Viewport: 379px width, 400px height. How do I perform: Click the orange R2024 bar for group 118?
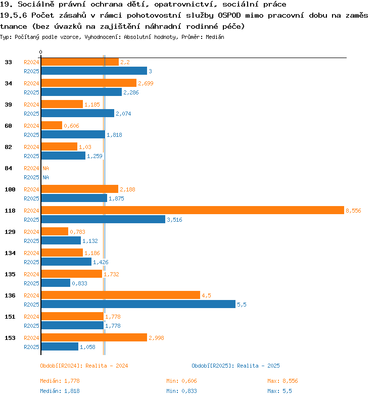(x=192, y=210)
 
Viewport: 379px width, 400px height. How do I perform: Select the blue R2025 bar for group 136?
(x=138, y=304)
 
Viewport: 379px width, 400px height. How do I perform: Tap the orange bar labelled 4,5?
(x=120, y=295)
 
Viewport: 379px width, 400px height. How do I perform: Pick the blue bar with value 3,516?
(x=103, y=219)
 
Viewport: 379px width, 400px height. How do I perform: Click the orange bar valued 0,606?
(x=52, y=125)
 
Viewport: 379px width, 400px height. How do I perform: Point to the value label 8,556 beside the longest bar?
(x=353, y=211)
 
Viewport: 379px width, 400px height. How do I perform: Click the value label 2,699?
(x=146, y=83)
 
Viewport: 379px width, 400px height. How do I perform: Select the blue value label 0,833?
(x=80, y=283)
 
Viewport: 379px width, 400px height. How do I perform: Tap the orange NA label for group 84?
(x=45, y=168)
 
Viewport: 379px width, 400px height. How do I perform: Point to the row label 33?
(x=9, y=62)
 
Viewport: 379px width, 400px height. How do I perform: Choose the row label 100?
(x=10, y=189)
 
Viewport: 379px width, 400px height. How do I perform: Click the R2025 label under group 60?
(x=31, y=135)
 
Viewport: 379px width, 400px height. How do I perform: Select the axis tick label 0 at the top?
(x=40, y=52)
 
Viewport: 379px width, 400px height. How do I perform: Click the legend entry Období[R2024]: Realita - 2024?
(x=84, y=366)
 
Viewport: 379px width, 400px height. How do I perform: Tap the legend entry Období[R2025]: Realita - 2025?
(x=235, y=366)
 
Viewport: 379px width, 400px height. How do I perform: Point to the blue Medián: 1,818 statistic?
(x=60, y=391)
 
